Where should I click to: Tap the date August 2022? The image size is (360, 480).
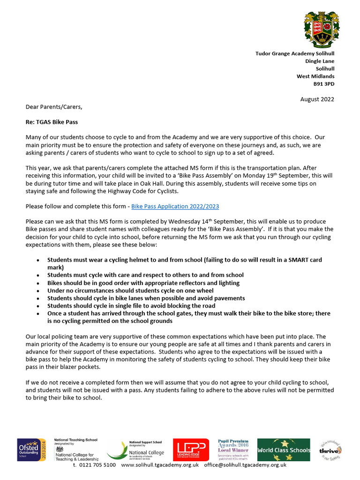(317, 99)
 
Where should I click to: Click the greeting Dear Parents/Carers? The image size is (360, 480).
(53, 107)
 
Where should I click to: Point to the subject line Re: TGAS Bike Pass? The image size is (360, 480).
(52, 122)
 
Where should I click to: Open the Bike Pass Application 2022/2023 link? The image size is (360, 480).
(175, 206)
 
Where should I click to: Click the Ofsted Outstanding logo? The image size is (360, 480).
(31, 450)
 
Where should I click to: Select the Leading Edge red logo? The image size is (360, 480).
(191, 450)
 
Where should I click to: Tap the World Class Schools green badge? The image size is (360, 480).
(284, 450)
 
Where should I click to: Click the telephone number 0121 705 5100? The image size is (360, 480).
(94, 465)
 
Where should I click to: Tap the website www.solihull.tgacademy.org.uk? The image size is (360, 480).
(160, 465)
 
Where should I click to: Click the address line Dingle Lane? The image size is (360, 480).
(320, 61)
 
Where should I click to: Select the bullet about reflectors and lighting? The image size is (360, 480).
(143, 283)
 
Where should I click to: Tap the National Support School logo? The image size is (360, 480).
(136, 450)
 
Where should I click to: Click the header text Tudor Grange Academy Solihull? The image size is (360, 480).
(294, 54)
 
